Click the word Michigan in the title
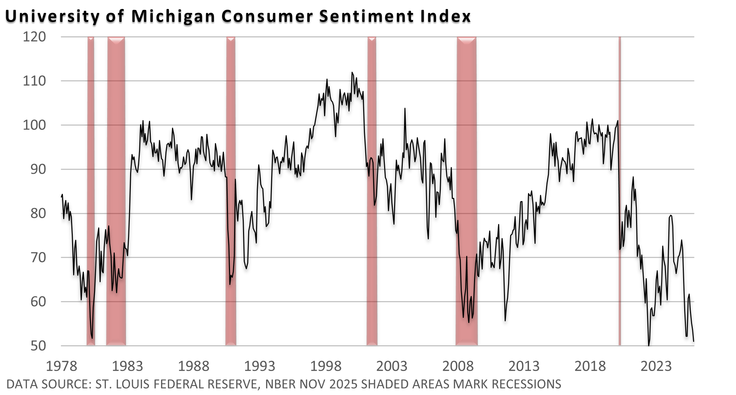173,16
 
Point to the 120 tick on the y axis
34,37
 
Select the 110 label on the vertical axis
34,81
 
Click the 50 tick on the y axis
38,346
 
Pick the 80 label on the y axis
38,213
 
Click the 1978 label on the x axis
61,366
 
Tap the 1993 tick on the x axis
260,366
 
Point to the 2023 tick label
656,366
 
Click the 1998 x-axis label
326,366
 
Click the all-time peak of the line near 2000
352,73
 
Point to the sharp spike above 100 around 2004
405,109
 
